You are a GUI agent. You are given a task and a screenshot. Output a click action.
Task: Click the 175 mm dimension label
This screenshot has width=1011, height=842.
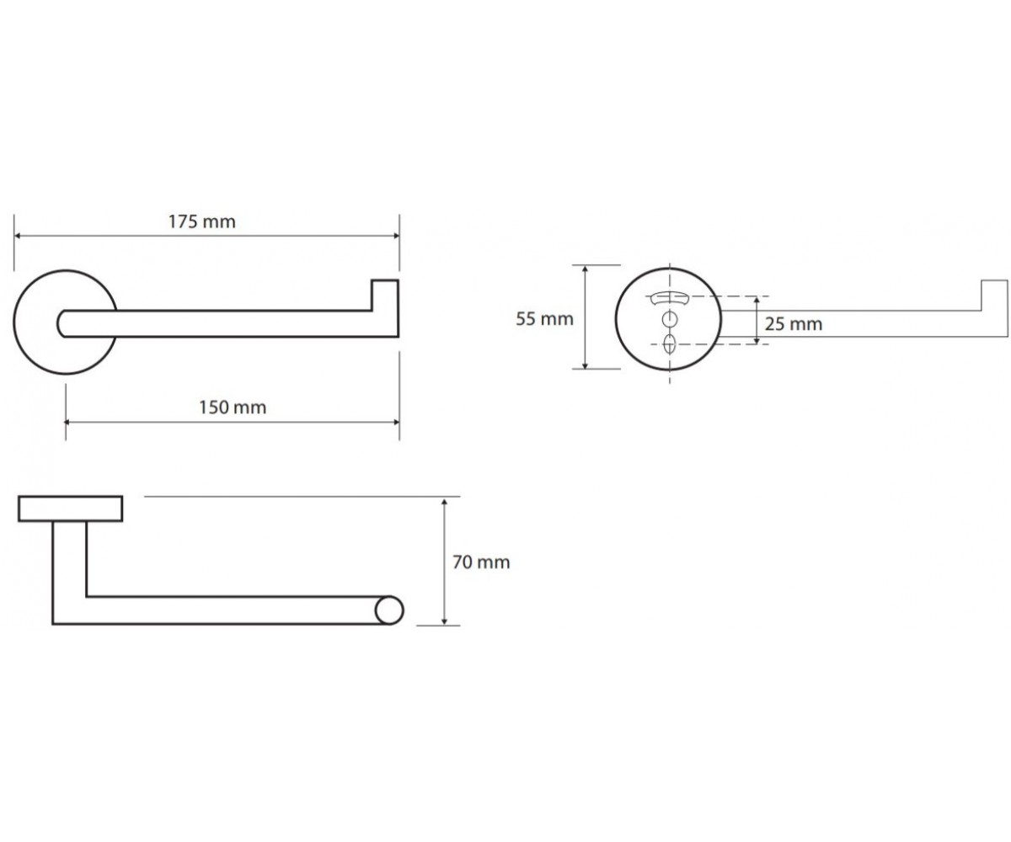point(202,221)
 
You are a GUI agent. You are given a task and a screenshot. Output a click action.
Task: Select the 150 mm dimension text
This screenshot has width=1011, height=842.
point(233,407)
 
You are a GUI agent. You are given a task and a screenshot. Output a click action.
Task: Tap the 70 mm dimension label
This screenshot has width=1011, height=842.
point(481,562)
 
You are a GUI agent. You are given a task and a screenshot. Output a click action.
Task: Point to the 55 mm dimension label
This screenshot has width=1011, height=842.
point(545,319)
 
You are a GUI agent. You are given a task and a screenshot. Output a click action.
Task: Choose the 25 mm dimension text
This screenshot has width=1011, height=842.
point(794,323)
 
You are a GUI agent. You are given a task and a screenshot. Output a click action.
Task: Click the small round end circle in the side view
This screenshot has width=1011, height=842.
point(389,610)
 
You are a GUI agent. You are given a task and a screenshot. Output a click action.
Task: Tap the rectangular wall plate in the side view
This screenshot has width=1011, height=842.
point(71,509)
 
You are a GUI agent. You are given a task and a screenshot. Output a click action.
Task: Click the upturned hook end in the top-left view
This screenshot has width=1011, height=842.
point(385,296)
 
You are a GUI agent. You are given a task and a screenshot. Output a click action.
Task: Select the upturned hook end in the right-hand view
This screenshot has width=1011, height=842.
point(994,296)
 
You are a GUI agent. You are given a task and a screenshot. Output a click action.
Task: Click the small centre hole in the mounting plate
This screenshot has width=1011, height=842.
point(670,319)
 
